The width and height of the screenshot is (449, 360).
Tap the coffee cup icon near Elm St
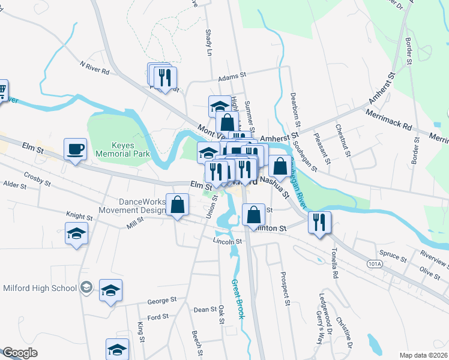(76, 149)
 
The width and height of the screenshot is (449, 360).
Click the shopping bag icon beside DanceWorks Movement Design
(178, 205)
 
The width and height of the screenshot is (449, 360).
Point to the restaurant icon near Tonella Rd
(319, 222)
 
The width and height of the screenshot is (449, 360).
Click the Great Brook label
(238, 298)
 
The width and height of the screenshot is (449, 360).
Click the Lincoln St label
(227, 241)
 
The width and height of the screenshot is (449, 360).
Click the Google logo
(20, 353)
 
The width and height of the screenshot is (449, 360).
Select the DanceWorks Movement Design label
(133, 206)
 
